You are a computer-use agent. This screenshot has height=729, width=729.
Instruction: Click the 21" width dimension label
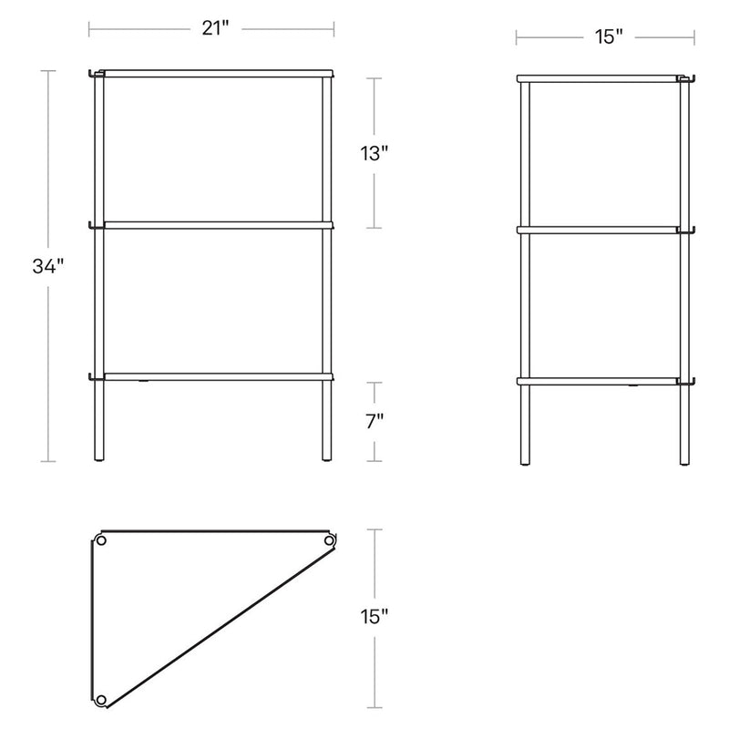click(x=213, y=29)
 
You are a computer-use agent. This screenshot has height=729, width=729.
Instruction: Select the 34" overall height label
click(x=46, y=267)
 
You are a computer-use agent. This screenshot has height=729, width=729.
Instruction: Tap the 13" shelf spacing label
click(x=375, y=153)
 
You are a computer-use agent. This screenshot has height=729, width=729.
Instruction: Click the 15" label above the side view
click(x=608, y=37)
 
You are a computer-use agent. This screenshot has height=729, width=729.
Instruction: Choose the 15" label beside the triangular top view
click(x=375, y=617)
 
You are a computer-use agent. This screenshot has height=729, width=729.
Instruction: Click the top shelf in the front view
click(x=215, y=72)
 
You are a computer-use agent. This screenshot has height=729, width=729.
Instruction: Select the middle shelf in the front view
click(x=215, y=222)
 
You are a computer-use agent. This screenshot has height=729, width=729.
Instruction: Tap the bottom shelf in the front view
click(x=215, y=375)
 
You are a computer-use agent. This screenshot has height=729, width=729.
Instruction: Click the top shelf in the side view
click(x=601, y=79)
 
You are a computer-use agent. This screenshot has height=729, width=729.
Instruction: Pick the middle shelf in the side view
click(x=601, y=230)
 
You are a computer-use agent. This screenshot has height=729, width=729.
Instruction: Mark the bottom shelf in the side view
click(x=601, y=381)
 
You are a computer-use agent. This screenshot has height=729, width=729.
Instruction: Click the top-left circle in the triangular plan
click(x=101, y=541)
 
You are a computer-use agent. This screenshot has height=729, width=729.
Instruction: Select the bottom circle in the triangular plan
click(x=101, y=700)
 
